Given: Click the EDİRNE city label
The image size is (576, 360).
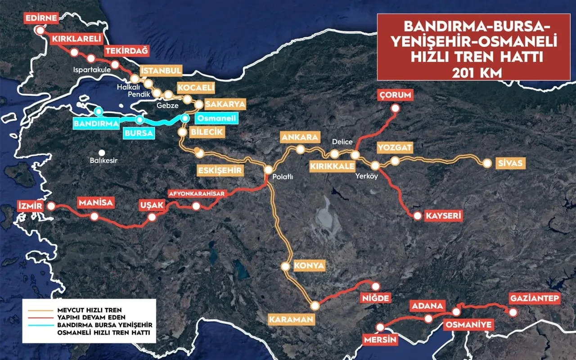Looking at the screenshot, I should pos(40,19).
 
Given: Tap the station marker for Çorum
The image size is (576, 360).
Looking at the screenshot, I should pos(395,108).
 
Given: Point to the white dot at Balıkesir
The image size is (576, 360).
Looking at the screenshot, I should pos(102,153).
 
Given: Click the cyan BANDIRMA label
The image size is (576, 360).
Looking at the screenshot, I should pos(96,123).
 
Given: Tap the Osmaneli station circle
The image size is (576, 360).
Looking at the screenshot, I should pos(184,118).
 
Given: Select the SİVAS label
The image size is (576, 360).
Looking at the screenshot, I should pos(510,163).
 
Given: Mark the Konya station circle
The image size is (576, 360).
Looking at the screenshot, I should pos(285,266).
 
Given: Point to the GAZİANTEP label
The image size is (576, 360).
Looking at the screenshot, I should pos(535,298).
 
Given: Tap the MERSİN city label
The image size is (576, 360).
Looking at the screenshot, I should pos(381,340).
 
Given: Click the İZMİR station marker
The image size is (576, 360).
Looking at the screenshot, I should pos(51,206).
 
